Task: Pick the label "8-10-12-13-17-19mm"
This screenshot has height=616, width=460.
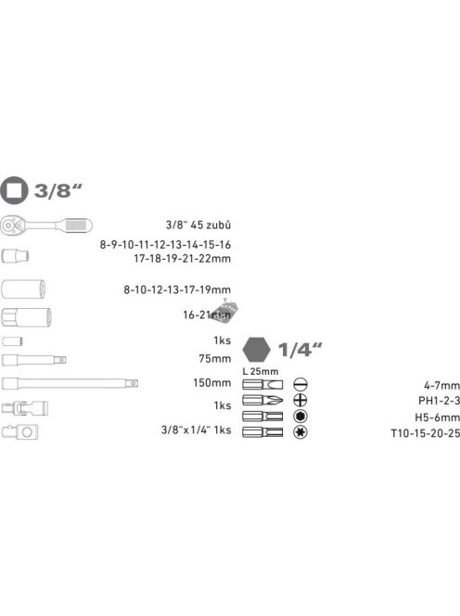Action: tap(178, 290)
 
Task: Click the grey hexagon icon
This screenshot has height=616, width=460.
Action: tap(254, 350)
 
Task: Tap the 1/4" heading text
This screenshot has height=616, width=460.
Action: tap(297, 351)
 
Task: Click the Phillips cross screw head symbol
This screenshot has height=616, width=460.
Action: tap(300, 401)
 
